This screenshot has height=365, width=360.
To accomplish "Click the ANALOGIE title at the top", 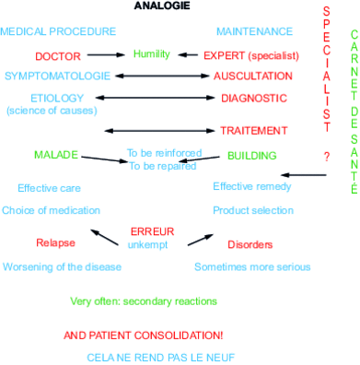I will (163, 6).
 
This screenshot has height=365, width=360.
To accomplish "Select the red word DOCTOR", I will (58, 56).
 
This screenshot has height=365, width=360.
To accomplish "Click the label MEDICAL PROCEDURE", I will (58, 31).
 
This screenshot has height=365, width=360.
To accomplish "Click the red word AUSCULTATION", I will (253, 76).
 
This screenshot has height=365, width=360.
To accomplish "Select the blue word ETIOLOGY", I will (57, 98).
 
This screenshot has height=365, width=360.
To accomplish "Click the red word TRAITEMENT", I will (253, 131).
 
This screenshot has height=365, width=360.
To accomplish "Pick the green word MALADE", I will (56, 154).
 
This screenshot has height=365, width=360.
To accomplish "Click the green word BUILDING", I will (252, 156).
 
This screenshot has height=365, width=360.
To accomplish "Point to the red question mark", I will (326, 157).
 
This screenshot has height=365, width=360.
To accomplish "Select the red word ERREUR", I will (153, 230).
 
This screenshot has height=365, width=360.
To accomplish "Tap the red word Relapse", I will (55, 243).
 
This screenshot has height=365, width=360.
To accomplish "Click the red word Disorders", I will (250, 244).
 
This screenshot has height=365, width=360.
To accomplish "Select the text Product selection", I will (252, 210).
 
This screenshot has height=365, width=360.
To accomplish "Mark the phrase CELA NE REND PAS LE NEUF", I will (146, 356).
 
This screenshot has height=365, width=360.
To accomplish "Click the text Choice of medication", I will (51, 210).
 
